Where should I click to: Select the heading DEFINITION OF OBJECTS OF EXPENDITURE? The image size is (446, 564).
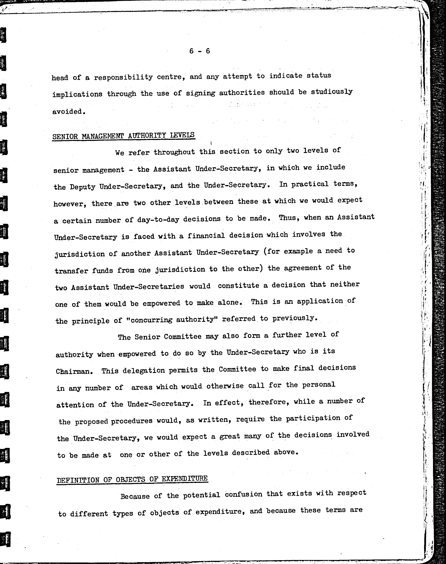[132, 479]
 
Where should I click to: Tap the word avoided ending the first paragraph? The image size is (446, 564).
[68, 112]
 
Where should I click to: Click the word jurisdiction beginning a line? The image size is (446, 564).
[80, 254]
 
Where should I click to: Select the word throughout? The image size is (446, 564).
[174, 152]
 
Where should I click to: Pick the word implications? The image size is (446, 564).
[77, 94]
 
